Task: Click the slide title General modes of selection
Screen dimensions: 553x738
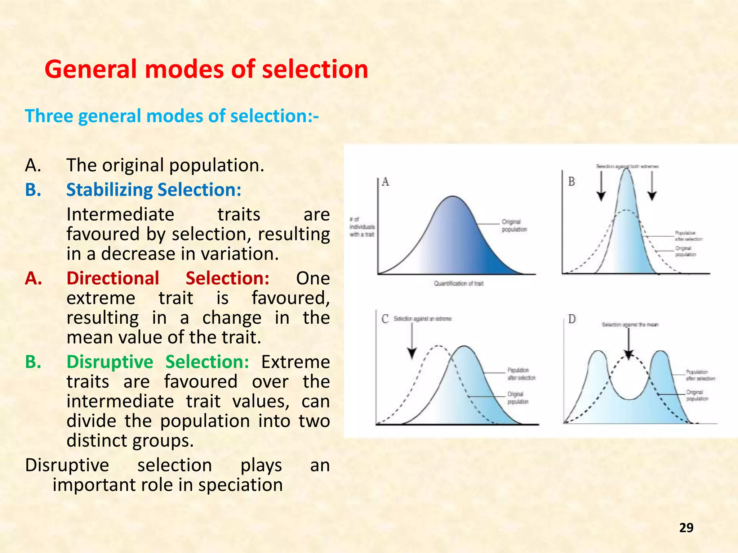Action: click(206, 69)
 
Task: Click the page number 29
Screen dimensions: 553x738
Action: click(686, 527)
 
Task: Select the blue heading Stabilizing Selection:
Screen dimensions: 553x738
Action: click(154, 190)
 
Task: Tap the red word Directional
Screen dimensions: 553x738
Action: click(113, 278)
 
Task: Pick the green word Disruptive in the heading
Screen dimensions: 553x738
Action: click(110, 362)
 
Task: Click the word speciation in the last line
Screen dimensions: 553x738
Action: click(240, 485)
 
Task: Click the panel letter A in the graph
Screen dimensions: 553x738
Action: click(386, 182)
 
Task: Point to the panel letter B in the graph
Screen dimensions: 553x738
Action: click(572, 182)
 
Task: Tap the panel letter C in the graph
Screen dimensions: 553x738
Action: click(385, 319)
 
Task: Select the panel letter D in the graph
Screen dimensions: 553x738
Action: click(572, 319)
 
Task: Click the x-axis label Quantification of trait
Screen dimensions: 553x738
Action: click(458, 284)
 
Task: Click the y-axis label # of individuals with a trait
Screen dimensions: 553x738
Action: click(362, 227)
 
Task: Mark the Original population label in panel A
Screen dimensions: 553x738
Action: click(514, 226)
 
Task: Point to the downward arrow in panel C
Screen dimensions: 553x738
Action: click(412, 340)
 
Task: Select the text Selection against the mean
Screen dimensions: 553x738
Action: click(630, 325)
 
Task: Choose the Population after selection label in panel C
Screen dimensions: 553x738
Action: click(521, 374)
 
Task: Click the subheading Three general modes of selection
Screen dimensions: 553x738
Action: click(172, 116)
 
